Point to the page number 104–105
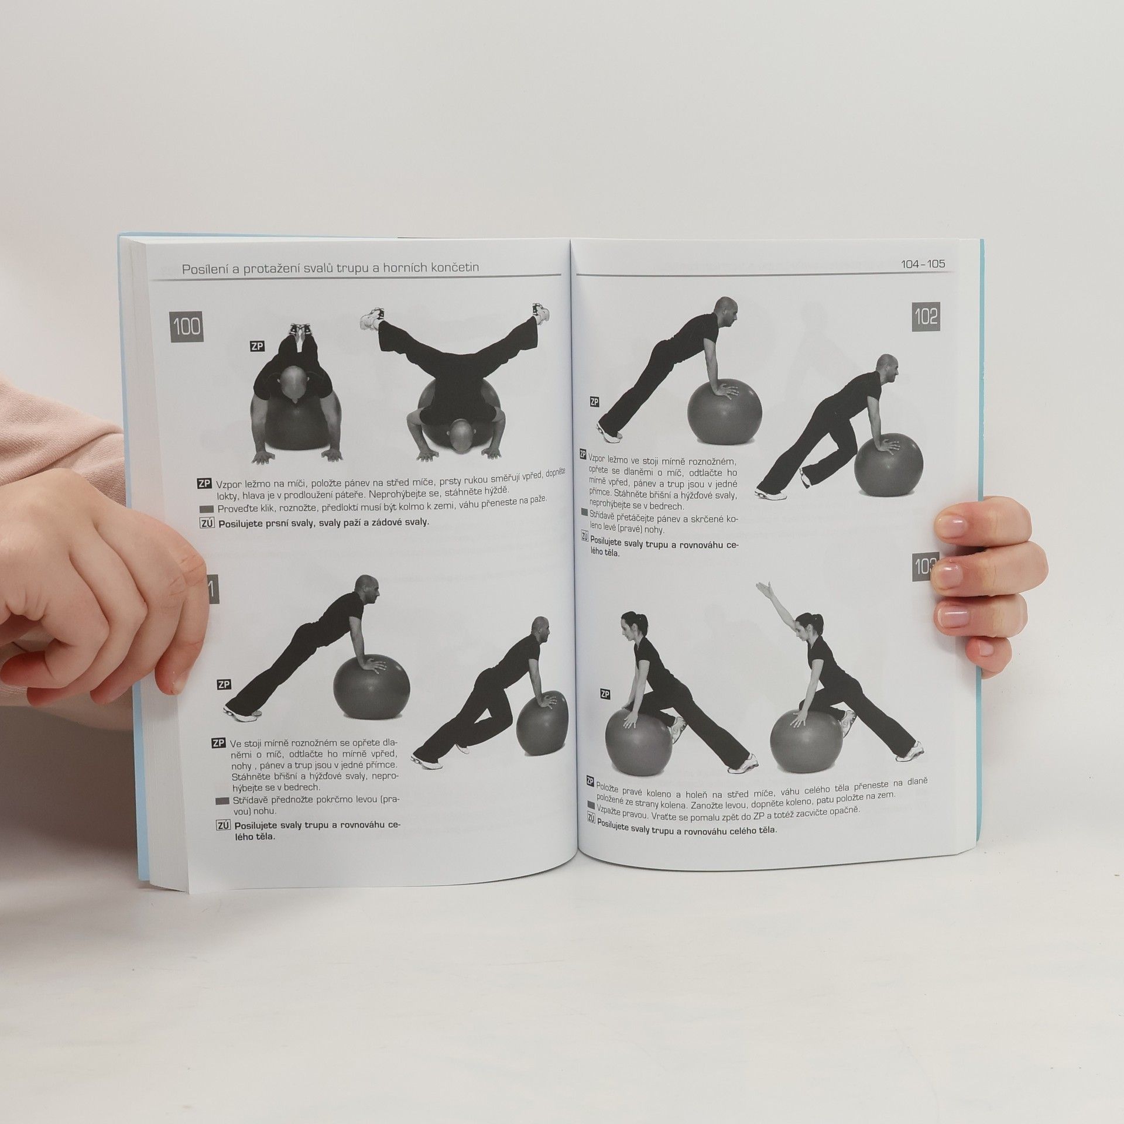pyautogui.click(x=923, y=264)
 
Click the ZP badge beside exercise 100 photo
pyautogui.click(x=256, y=347)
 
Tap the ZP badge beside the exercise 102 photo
pyautogui.click(x=595, y=402)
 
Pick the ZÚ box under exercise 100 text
pyautogui.click(x=207, y=523)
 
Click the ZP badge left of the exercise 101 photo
pyautogui.click(x=224, y=684)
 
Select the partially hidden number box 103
pyautogui.click(x=925, y=566)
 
